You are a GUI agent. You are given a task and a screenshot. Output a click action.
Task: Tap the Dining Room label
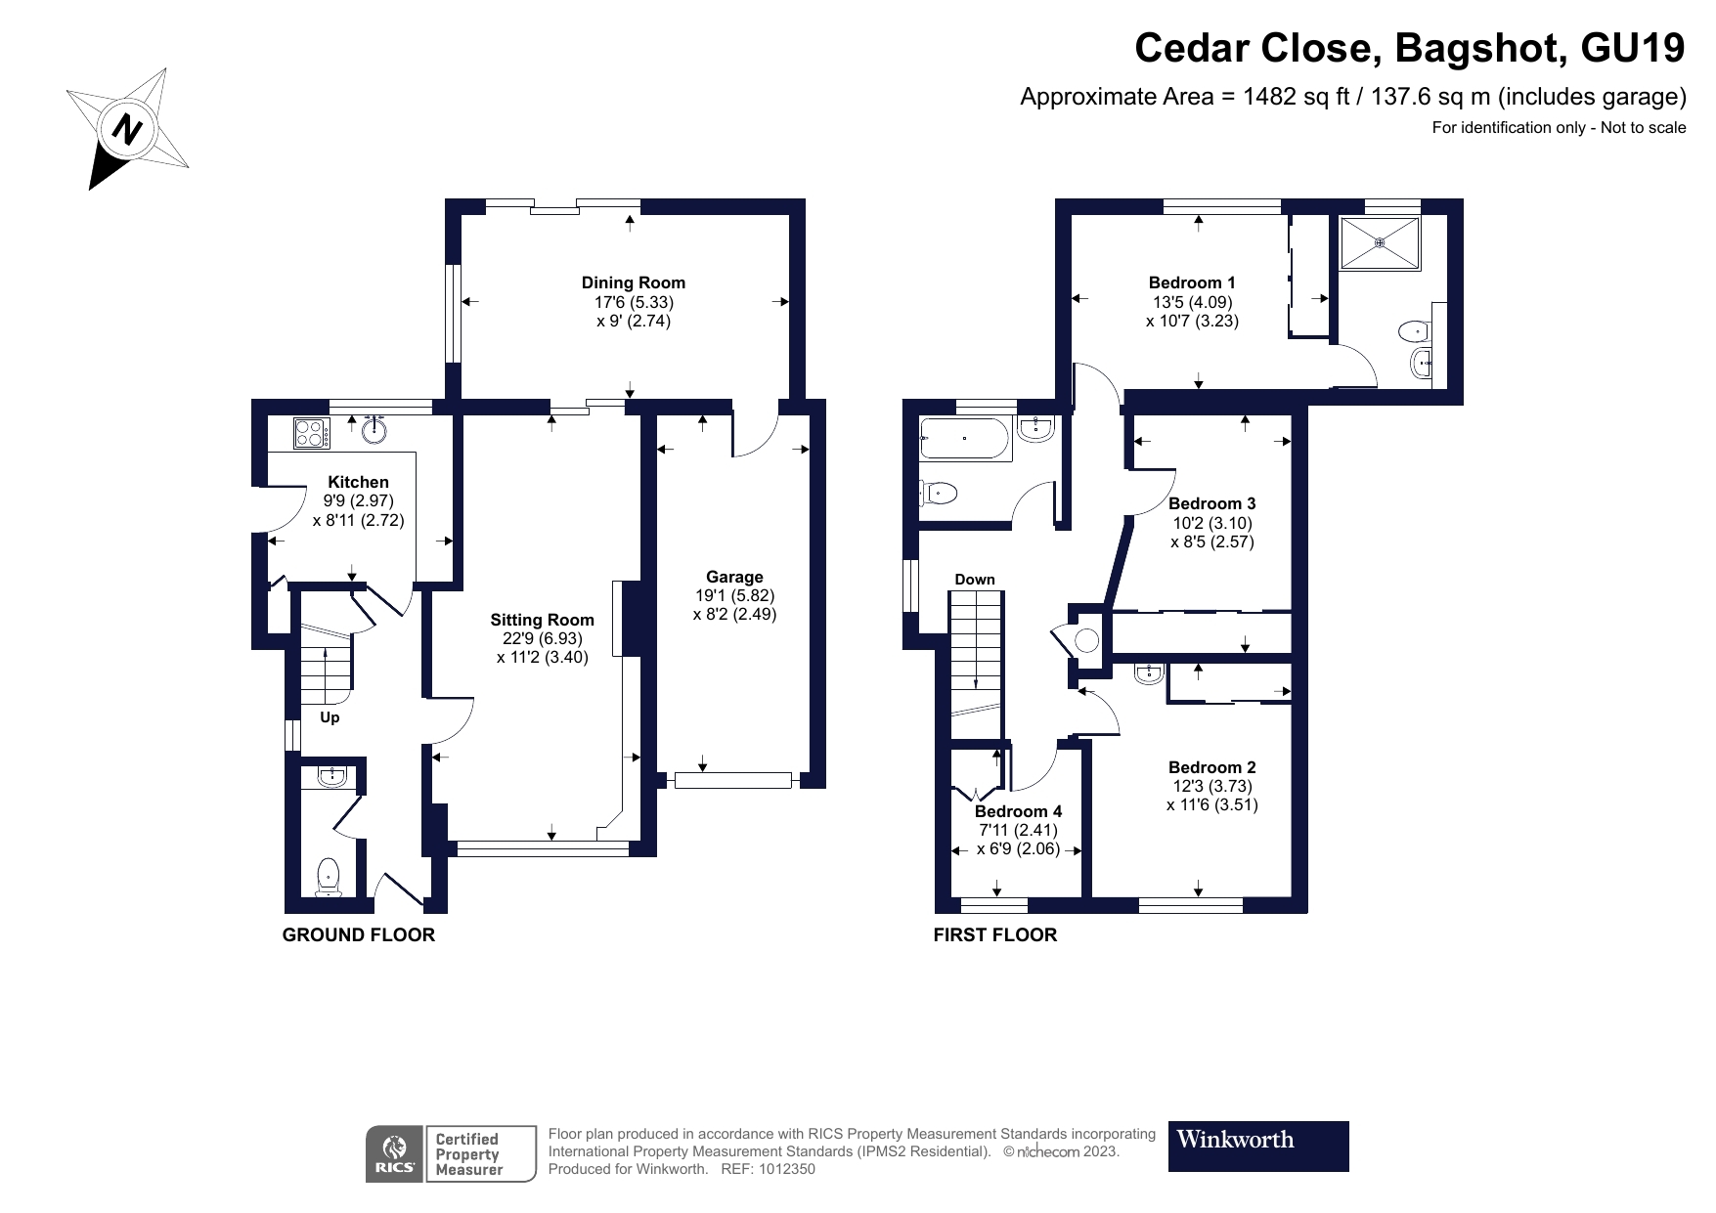633,283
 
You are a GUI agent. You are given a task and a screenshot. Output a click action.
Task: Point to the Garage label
734,577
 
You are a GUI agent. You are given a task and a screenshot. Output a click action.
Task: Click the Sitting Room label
542,620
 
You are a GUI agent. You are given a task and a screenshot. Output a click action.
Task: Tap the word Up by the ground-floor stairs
330,717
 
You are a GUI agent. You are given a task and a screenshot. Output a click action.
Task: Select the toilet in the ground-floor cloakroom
328,876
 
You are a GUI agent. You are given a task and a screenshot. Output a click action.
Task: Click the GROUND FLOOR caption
358,935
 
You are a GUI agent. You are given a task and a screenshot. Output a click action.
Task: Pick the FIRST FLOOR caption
994,935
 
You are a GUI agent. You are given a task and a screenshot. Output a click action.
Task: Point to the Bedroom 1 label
1192,283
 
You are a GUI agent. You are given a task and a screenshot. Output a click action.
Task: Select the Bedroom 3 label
1211,504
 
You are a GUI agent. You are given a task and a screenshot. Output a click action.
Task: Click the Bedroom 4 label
1018,811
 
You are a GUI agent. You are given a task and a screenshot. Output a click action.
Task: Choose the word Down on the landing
974,580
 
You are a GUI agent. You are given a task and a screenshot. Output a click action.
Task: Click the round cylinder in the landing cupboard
1087,640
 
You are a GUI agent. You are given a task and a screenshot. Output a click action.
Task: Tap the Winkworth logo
1257,1146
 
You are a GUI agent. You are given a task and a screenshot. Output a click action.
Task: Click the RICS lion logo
395,1154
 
